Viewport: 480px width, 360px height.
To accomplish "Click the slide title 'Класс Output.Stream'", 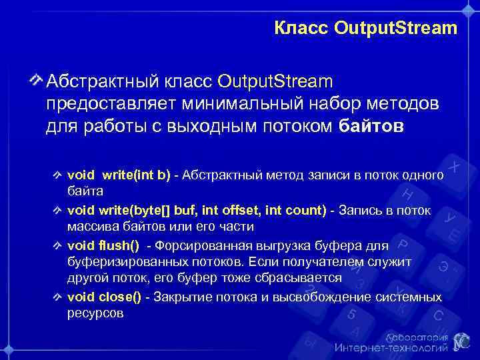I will click(365, 29).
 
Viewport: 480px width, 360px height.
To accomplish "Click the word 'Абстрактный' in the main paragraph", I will click(96, 82).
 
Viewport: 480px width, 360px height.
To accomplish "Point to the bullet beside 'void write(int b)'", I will click(59, 175).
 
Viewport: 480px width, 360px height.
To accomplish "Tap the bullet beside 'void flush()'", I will click(59, 246).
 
